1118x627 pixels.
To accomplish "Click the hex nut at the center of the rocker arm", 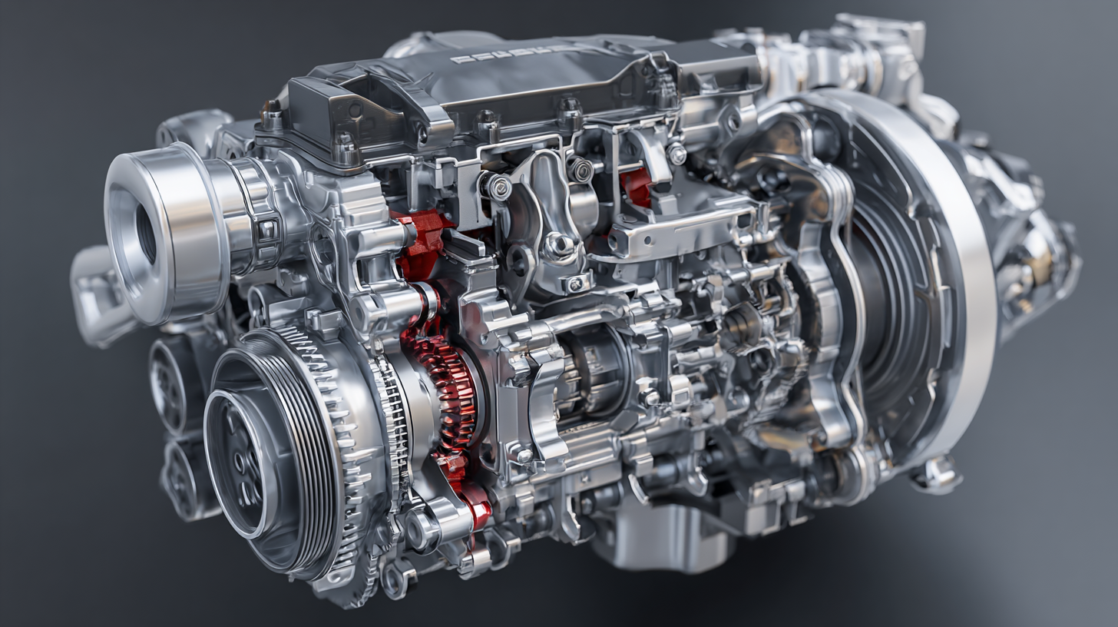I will pyautogui.click(x=558, y=244).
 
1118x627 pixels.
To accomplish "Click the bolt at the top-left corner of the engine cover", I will pyautogui.click(x=273, y=115).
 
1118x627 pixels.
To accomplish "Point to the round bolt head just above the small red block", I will pyautogui.click(x=676, y=154).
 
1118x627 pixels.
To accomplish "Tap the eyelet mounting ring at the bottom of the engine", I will pyautogui.click(x=395, y=580).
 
